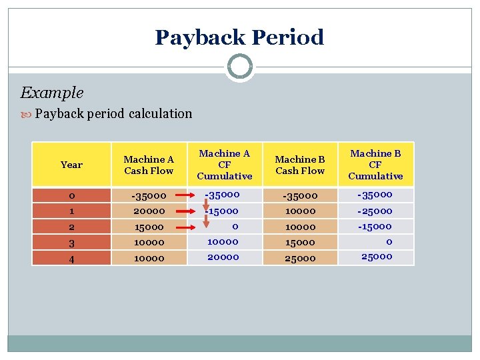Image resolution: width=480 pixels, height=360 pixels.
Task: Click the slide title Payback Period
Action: click(239, 37)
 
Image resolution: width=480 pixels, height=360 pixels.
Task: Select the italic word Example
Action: click(52, 93)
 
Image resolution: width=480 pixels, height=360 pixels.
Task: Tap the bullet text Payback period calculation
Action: click(113, 113)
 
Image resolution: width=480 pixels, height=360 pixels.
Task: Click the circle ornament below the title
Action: click(239, 67)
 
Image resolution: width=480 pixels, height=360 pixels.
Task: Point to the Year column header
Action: click(71, 165)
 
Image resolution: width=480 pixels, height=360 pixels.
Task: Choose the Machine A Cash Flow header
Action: click(149, 165)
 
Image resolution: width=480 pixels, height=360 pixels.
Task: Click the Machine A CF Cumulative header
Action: click(225, 165)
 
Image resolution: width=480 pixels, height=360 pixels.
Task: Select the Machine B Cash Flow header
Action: click(300, 165)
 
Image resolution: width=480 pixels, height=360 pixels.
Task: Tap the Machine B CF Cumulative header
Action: click(375, 165)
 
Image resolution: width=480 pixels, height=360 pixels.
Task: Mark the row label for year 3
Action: click(71, 243)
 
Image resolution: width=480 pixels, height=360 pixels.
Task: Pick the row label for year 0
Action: click(71, 196)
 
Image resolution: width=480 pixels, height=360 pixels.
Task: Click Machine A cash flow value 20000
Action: click(149, 211)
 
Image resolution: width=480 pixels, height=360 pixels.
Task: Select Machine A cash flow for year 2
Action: click(149, 227)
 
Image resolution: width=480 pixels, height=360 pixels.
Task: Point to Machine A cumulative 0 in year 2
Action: click(225, 227)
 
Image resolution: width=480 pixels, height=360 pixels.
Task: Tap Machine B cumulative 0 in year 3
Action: click(389, 242)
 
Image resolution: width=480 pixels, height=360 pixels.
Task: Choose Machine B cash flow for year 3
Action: click(300, 243)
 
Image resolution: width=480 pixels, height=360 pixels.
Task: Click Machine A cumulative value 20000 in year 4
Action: click(223, 257)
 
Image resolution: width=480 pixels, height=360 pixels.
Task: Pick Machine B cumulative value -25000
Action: click(375, 211)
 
